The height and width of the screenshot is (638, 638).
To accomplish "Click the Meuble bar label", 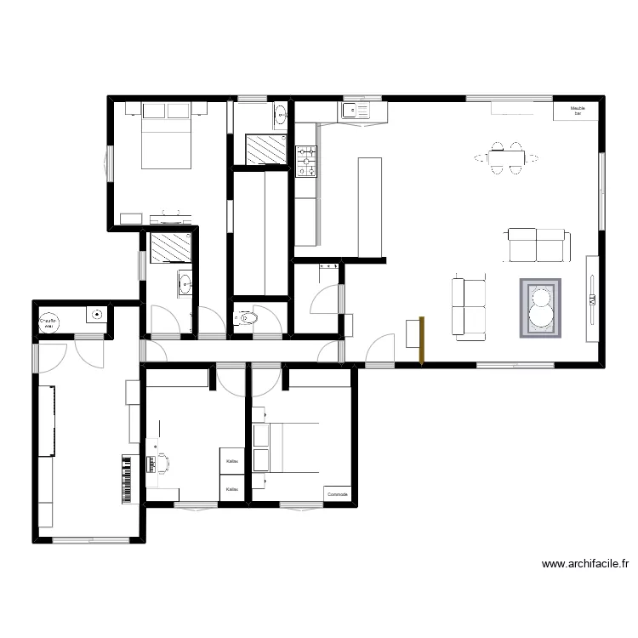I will coord(578,111).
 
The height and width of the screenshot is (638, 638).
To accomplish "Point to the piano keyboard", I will coord(128,478).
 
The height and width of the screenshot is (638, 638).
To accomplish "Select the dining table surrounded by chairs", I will coord(506,158).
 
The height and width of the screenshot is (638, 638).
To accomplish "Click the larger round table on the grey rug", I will coord(541,314).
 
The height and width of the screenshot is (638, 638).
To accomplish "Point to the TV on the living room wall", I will coord(590,298).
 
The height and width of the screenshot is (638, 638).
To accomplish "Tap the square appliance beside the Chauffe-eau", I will coord(96,315).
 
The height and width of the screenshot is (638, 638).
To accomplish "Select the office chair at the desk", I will coord(162,464).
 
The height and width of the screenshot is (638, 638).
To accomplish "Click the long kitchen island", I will coord(370,207).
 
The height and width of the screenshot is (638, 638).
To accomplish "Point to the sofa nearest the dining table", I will coord(537,245).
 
